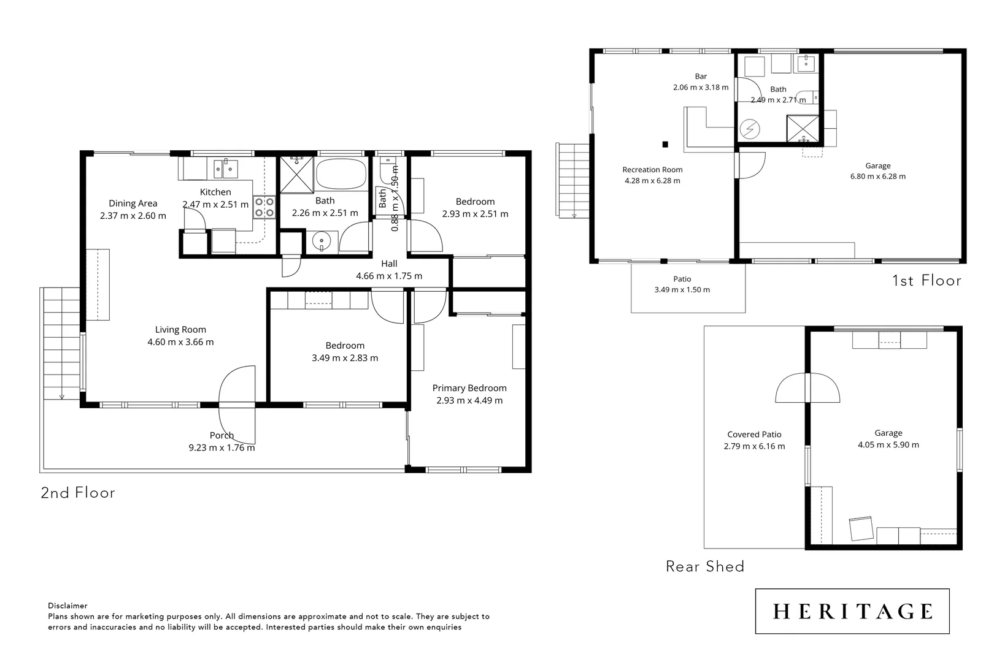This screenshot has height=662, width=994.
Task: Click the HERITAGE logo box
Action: pyautogui.click(x=852, y=611)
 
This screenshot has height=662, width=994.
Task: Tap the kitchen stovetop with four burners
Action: pyautogui.click(x=264, y=207)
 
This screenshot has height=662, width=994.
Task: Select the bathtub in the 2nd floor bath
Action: pyautogui.click(x=341, y=174)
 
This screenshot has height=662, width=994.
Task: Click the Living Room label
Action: pyautogui.click(x=180, y=330)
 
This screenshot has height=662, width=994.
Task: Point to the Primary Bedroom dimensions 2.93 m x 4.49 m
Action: pyautogui.click(x=469, y=401)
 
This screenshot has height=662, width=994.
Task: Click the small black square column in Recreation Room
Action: pyautogui.click(x=665, y=145)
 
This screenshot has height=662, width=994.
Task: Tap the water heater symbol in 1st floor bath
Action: pyautogui.click(x=750, y=129)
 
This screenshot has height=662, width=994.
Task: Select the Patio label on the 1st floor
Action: pyautogui.click(x=682, y=279)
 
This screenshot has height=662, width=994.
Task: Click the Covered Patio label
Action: pyautogui.click(x=754, y=435)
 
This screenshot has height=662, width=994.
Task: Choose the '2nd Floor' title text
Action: pyautogui.click(x=78, y=493)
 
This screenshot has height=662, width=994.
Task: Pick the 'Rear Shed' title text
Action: pyautogui.click(x=705, y=566)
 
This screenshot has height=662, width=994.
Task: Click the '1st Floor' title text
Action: pyautogui.click(x=926, y=281)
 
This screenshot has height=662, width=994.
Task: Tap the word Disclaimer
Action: pyautogui.click(x=67, y=606)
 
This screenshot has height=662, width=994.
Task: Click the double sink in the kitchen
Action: pyautogui.click(x=226, y=168)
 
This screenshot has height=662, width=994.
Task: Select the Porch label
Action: pyautogui.click(x=222, y=436)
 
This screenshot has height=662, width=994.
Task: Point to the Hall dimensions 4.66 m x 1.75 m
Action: pyautogui.click(x=389, y=276)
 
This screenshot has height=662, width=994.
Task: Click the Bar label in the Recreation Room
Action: pyautogui.click(x=701, y=77)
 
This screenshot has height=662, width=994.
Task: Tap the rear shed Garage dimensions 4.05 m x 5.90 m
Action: pyautogui.click(x=888, y=445)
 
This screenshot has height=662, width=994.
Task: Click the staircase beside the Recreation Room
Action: pyautogui.click(x=572, y=179)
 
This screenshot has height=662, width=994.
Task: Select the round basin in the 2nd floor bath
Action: pyautogui.click(x=322, y=241)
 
